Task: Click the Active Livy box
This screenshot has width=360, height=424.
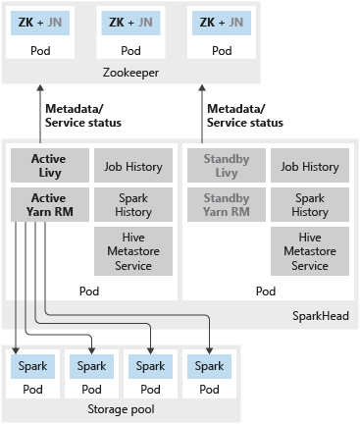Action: pyautogui.click(x=50, y=165)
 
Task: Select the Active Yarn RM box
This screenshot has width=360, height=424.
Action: pyautogui.click(x=50, y=204)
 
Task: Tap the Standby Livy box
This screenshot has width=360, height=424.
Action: pyautogui.click(x=227, y=165)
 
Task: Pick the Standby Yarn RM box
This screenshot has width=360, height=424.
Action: pyautogui.click(x=227, y=204)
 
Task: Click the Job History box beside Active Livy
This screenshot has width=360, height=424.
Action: pyautogui.click(x=133, y=165)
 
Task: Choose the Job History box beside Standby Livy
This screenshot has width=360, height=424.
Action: pyautogui.click(x=310, y=165)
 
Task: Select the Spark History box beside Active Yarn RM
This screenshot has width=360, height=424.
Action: pyautogui.click(x=133, y=204)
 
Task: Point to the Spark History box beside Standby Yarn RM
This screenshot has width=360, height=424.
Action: pyautogui.click(x=310, y=204)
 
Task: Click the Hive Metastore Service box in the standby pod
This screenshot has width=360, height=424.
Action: pyautogui.click(x=310, y=251)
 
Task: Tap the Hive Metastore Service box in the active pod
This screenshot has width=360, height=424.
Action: pyautogui.click(x=133, y=251)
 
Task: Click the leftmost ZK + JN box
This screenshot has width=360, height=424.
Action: pyautogui.click(x=40, y=23)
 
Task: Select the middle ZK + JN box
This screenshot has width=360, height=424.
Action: pyautogui.click(x=130, y=23)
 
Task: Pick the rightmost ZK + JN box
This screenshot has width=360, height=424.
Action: pyautogui.click(x=222, y=23)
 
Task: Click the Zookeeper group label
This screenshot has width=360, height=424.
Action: pyautogui.click(x=130, y=73)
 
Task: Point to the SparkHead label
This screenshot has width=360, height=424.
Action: pyautogui.click(x=321, y=316)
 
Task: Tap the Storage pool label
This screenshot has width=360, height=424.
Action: pyautogui.click(x=121, y=409)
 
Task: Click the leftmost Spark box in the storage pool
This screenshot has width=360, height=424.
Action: pyautogui.click(x=32, y=366)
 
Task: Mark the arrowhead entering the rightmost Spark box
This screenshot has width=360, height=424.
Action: pyautogui.click(x=209, y=350)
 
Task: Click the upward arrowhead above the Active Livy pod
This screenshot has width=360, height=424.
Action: pyautogui.click(x=40, y=88)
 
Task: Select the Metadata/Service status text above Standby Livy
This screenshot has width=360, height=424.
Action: pyautogui.click(x=245, y=116)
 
